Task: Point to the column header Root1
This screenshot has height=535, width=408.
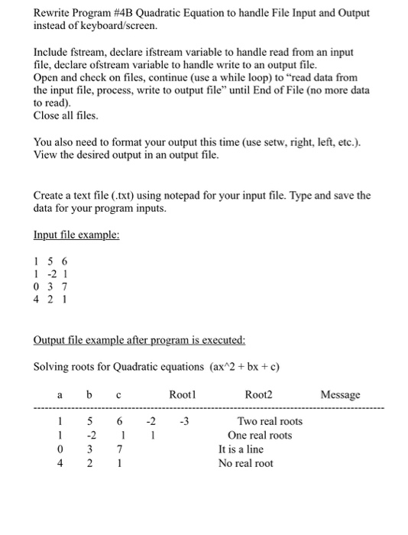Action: pos(183,394)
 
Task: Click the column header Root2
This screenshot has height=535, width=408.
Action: pos(258,394)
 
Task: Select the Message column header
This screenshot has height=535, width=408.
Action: pos(340,394)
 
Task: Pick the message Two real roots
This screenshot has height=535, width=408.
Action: pos(270,421)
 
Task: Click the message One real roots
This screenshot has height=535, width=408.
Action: pos(260,435)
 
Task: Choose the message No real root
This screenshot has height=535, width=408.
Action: pos(245,463)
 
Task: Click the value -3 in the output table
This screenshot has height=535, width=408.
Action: pos(183,421)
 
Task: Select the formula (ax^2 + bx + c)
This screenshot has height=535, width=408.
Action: pos(243,367)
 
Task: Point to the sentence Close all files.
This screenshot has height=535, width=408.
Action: pos(66,115)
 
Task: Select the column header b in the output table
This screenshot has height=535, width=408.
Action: pos(89,394)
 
